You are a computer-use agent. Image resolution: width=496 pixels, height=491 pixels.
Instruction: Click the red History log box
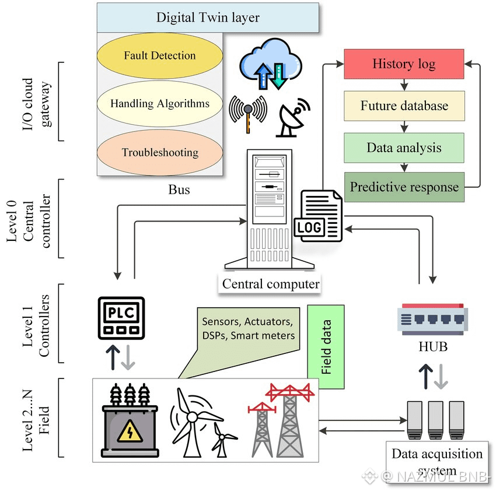(x=404, y=64)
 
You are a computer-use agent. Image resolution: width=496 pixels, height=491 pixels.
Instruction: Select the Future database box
(x=404, y=106)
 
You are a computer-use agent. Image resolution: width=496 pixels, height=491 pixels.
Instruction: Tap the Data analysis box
(x=404, y=148)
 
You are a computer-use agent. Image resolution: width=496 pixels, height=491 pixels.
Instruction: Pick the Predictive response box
(x=404, y=187)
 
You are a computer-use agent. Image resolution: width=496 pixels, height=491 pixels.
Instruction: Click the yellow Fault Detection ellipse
(x=160, y=56)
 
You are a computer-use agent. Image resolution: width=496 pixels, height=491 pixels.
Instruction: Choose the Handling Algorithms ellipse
(x=160, y=104)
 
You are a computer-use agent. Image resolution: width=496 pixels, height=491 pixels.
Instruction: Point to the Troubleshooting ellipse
(x=160, y=153)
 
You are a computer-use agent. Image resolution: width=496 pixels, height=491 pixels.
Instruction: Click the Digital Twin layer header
(x=208, y=17)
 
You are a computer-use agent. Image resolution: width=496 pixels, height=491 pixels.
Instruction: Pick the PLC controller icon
(x=120, y=317)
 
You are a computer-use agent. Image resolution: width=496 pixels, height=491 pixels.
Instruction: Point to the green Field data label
(x=326, y=346)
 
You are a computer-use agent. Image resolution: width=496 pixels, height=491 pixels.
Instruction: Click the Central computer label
(x=271, y=285)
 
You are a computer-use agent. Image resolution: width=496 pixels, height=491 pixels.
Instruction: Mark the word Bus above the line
(x=179, y=190)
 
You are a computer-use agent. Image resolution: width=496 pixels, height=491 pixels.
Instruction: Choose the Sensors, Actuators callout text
(x=248, y=328)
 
